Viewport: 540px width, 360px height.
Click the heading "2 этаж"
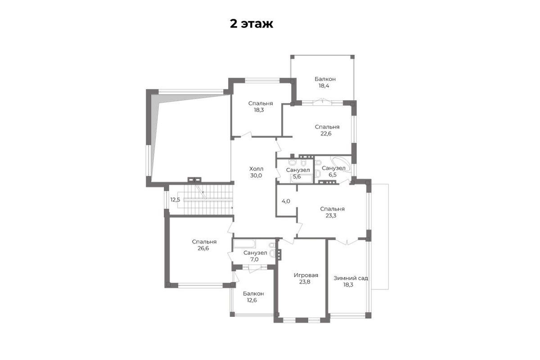252,24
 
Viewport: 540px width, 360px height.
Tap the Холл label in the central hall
256,169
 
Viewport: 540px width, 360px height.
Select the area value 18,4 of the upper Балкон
324,85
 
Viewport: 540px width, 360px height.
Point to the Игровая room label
306,275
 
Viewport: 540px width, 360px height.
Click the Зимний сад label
351,278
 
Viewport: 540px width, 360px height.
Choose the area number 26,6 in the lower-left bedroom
203,248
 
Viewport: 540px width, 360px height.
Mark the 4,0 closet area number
286,201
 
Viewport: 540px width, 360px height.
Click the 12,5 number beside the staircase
175,200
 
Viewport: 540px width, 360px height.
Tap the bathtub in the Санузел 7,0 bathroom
244,243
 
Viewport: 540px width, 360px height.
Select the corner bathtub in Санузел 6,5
340,164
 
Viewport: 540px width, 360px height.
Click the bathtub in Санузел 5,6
301,179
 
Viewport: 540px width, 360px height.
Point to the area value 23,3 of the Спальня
331,216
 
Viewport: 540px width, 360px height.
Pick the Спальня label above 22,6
327,127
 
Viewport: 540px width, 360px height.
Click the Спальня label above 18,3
261,103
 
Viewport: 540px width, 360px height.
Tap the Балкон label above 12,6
253,294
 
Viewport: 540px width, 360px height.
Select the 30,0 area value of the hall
256,175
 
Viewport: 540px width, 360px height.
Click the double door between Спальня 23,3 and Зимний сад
346,241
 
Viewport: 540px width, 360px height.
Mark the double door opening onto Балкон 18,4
323,102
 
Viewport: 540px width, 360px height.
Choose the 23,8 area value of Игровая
305,282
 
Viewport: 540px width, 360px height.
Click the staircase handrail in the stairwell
208,200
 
